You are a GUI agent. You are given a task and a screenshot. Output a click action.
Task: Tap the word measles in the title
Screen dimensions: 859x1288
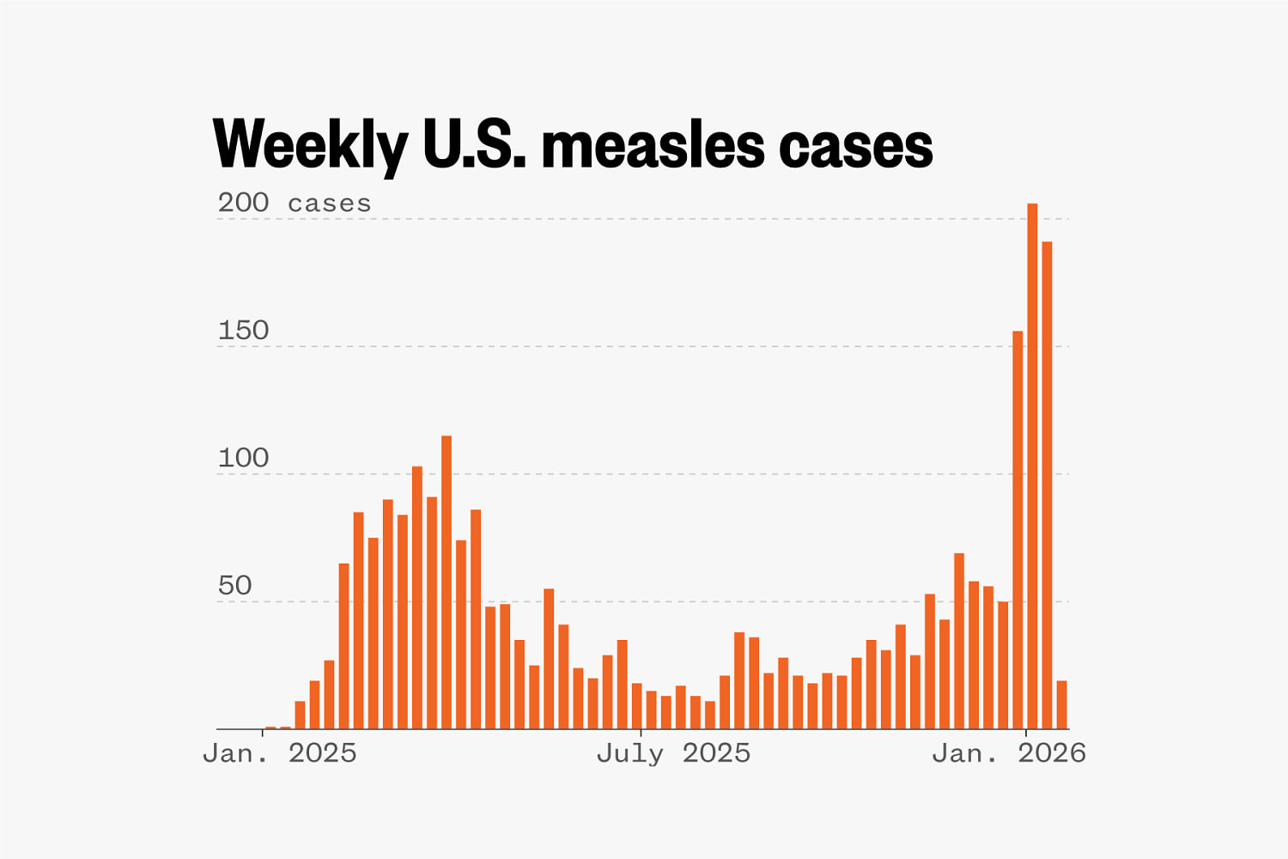click(653, 144)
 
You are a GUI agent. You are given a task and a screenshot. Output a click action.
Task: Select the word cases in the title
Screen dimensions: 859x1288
click(855, 144)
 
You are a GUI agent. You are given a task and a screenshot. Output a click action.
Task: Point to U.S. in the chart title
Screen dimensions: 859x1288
click(474, 144)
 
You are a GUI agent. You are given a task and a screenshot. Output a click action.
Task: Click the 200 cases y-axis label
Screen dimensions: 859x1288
click(294, 203)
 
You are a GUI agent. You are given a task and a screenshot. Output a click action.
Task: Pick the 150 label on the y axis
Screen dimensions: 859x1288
click(243, 331)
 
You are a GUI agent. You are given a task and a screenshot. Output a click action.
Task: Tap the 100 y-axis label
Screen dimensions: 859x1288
click(243, 458)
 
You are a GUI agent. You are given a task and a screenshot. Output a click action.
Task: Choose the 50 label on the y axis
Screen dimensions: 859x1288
click(234, 586)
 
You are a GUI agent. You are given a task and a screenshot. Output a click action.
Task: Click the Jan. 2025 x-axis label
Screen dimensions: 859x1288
click(279, 753)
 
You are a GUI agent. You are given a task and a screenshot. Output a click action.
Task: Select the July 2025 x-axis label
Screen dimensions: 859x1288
click(673, 753)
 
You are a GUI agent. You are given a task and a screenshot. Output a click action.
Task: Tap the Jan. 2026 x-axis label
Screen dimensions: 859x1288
click(1009, 753)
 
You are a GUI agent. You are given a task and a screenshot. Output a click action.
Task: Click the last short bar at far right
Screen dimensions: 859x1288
click(1062, 705)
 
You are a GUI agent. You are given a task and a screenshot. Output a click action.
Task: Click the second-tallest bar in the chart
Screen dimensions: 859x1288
click(1047, 485)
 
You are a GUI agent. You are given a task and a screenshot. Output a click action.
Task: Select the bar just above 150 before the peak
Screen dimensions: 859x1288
click(1018, 530)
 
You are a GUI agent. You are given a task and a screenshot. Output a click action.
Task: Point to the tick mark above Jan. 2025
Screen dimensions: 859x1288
click(263, 732)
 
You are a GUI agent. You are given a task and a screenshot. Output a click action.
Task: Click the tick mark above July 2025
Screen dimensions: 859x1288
click(641, 732)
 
